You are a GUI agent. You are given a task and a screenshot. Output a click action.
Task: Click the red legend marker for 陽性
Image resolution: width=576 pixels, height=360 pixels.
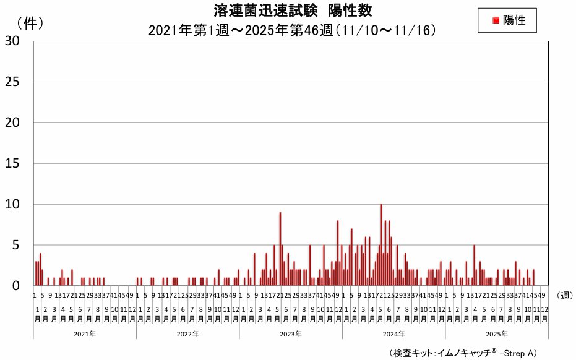tap(496, 20)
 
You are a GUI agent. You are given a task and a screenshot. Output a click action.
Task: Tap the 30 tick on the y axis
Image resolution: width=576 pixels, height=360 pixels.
tap(12, 41)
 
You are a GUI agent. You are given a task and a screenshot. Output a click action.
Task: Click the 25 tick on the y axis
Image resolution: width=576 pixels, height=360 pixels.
tap(12, 82)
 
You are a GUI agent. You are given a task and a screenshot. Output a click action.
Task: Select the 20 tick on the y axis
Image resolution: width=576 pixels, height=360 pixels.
tap(12, 122)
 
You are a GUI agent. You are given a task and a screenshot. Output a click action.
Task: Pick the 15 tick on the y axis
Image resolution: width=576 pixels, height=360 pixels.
tap(12, 163)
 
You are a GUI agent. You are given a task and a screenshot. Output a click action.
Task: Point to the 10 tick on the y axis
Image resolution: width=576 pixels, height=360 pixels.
tap(12, 204)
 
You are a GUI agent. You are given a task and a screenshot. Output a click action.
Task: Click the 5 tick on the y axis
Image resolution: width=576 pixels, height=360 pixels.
tap(15, 245)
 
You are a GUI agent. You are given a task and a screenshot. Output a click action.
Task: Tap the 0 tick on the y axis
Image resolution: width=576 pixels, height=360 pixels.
tap(15, 286)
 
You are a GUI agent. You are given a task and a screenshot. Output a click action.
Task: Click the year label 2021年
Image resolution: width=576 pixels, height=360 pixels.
tap(84, 333)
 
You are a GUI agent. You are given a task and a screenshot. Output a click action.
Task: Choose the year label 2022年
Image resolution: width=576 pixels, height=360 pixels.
tap(187, 333)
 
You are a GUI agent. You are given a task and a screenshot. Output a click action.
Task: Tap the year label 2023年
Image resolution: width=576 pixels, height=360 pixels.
tap(290, 333)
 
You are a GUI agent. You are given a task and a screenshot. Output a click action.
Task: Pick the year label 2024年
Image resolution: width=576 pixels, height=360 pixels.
tap(393, 333)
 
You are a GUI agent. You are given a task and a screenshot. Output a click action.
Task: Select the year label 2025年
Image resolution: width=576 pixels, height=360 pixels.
tap(496, 333)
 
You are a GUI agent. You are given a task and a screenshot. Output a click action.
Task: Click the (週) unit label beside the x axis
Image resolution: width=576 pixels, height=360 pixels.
tap(564, 295)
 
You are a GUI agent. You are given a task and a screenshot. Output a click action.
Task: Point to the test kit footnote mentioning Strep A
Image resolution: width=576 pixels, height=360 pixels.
tap(463, 353)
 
